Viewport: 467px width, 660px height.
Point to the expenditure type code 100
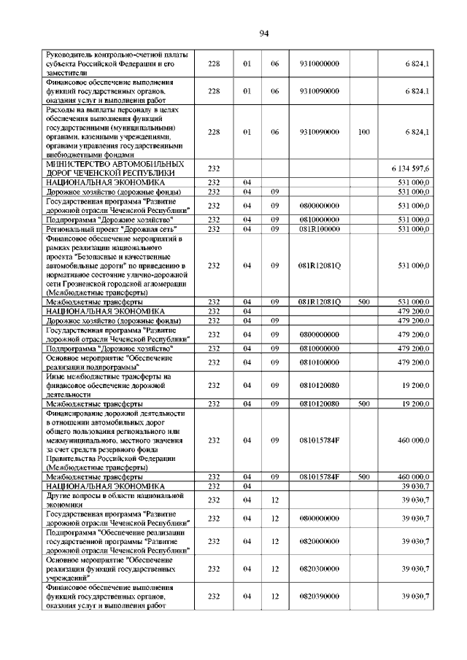click(364, 132)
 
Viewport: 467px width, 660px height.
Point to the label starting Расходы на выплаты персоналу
click(115, 132)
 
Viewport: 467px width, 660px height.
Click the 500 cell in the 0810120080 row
click(364, 403)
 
